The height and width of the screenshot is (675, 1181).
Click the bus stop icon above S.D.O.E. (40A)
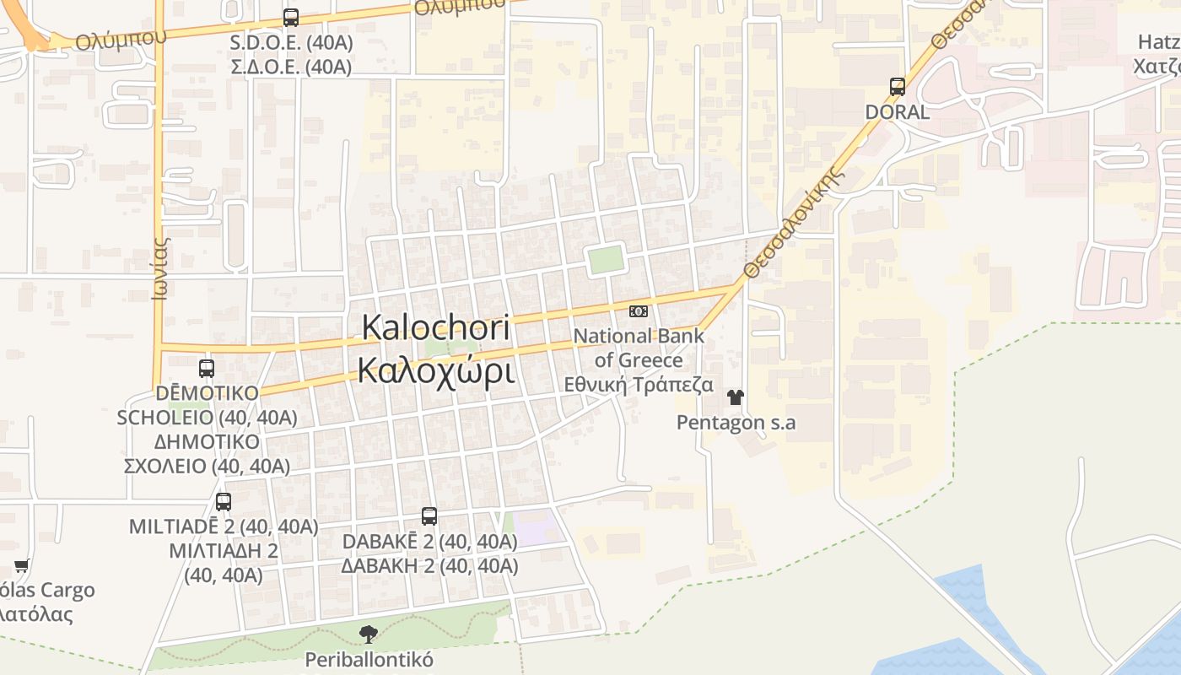tap(291, 17)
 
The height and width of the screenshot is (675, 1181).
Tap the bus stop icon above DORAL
tap(898, 86)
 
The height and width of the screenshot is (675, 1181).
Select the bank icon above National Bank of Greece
tap(639, 311)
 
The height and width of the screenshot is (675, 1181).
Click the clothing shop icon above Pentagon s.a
tap(736, 397)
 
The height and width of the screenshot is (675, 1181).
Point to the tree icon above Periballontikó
tap(368, 634)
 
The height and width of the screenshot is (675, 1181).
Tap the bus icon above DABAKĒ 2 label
tap(429, 516)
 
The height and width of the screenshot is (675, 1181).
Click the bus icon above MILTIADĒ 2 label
tap(224, 502)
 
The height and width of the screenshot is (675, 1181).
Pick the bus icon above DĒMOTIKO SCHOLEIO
tap(207, 369)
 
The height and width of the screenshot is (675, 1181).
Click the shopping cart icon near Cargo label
tap(21, 565)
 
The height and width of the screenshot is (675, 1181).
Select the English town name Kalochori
tap(435, 328)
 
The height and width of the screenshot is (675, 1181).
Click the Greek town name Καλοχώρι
tap(435, 370)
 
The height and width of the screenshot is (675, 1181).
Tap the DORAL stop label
tap(898, 112)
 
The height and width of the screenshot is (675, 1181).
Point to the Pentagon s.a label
tap(736, 423)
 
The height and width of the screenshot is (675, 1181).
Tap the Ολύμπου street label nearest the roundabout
tap(121, 39)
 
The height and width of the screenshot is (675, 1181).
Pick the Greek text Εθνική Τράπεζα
tap(639, 386)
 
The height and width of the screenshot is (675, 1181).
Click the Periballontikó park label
tap(369, 659)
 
